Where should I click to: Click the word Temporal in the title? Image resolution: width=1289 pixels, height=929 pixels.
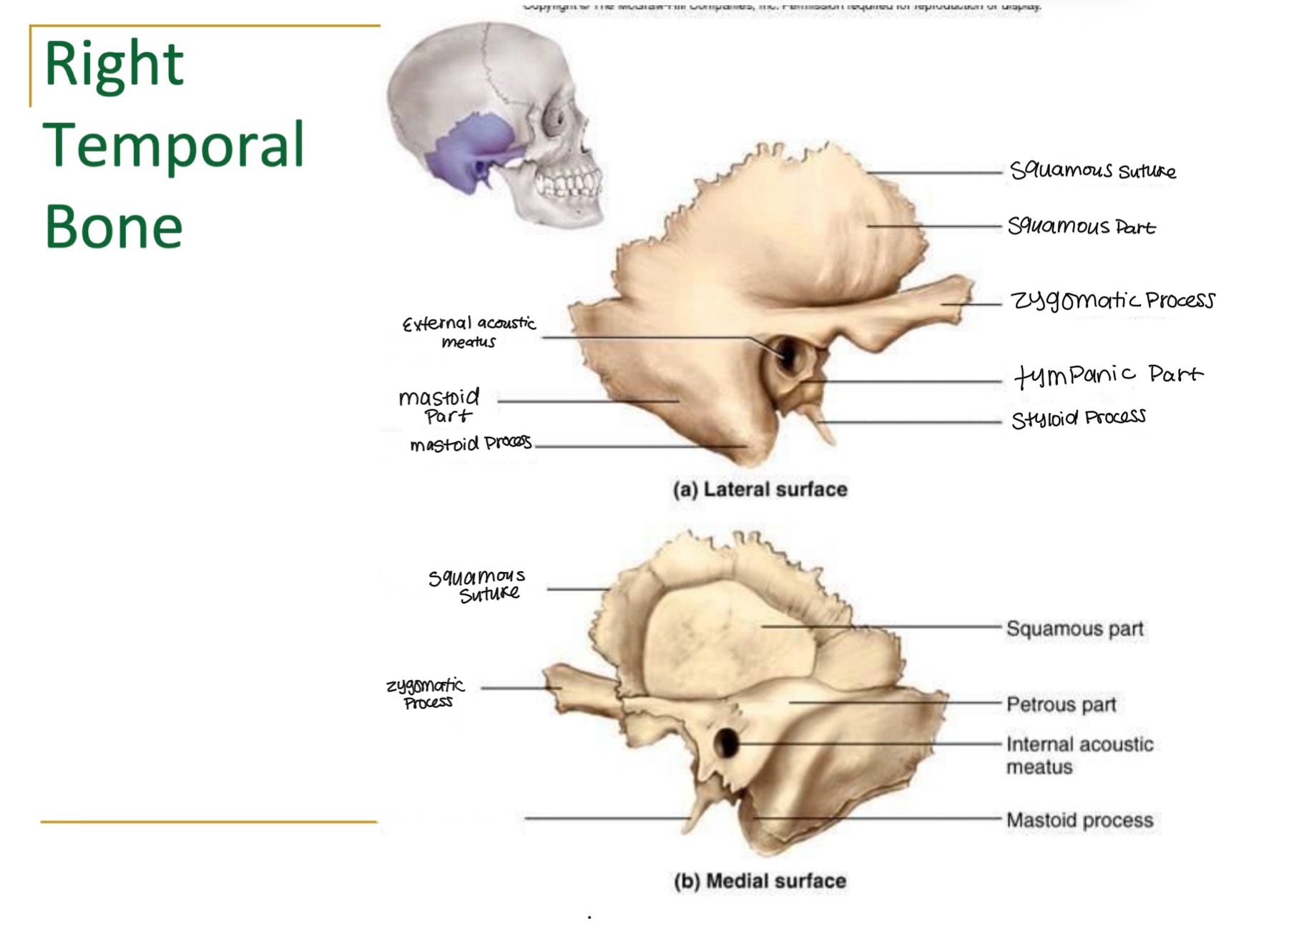click(x=174, y=145)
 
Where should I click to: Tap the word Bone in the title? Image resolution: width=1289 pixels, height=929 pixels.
click(x=114, y=226)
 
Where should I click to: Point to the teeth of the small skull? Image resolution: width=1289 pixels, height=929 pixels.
click(x=569, y=183)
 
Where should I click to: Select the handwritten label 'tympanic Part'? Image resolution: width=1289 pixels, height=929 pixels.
click(x=1108, y=374)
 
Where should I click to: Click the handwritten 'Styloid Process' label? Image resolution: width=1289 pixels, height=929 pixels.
click(x=1078, y=417)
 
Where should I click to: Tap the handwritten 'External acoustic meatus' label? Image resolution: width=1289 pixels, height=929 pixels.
click(x=469, y=332)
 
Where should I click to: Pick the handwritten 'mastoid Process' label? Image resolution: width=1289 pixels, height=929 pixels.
click(x=470, y=444)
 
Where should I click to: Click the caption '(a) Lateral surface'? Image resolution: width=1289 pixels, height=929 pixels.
click(x=760, y=490)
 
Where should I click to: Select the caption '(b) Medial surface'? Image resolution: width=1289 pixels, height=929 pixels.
click(x=760, y=880)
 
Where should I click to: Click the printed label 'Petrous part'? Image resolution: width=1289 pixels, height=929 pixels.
click(x=1061, y=705)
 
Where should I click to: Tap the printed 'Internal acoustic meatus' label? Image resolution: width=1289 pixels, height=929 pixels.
click(x=1079, y=755)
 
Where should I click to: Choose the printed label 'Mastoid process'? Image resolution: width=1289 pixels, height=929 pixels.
click(x=1079, y=820)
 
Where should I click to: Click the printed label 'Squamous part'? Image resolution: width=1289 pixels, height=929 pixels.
click(x=1074, y=629)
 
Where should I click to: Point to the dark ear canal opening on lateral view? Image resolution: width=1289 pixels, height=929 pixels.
click(x=787, y=354)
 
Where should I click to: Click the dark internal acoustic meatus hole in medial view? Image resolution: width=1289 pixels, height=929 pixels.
click(x=727, y=743)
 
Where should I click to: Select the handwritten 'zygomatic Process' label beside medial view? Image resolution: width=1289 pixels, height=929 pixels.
click(x=426, y=693)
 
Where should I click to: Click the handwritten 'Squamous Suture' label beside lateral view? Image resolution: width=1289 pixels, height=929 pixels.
click(x=1092, y=170)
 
